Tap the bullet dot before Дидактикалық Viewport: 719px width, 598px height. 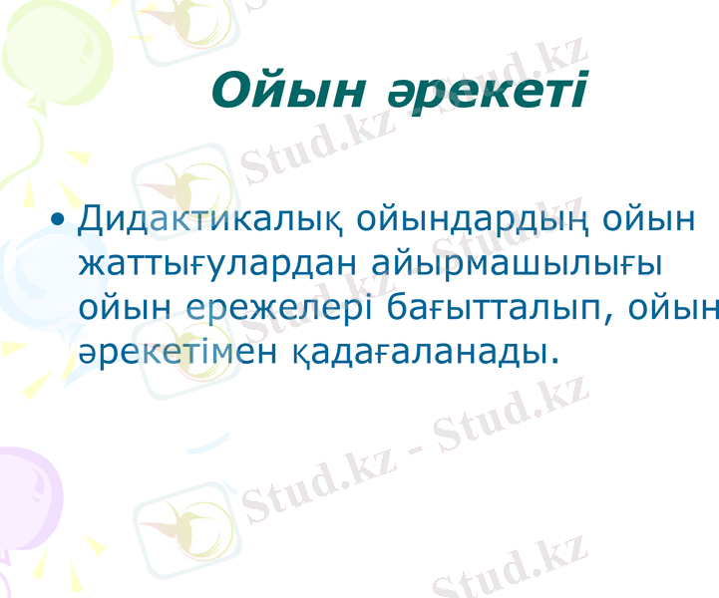[61, 218]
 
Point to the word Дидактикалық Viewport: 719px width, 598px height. [211, 219]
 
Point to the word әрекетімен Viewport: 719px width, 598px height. [180, 351]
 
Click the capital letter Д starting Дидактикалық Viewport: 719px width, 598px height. [91, 219]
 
